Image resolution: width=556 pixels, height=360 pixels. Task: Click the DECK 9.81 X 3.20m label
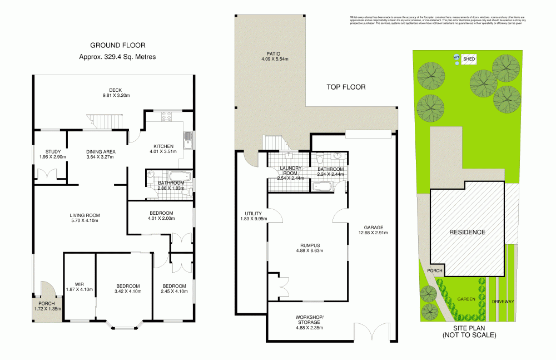[116, 92]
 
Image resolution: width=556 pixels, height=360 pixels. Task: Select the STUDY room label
[49, 154]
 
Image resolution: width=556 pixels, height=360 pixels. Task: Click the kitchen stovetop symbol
[166, 116]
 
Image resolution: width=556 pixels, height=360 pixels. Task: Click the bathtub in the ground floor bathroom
[179, 176]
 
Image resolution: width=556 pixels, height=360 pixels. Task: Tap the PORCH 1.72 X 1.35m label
[47, 305]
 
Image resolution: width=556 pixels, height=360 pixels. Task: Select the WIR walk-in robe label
[79, 288]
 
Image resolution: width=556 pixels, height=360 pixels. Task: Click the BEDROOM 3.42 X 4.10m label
[127, 288]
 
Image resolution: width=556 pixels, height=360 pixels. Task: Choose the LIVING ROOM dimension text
[84, 221]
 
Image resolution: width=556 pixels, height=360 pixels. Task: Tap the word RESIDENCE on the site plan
[467, 232]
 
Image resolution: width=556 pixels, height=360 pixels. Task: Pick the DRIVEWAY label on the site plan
[503, 301]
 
